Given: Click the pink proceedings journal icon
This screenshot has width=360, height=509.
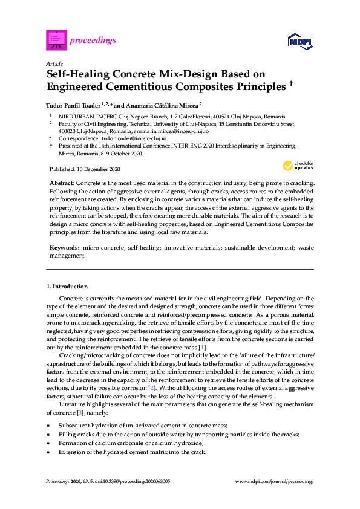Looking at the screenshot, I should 56,41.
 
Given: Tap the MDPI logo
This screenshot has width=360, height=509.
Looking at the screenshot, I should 300,41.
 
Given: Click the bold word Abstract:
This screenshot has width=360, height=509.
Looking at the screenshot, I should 61,183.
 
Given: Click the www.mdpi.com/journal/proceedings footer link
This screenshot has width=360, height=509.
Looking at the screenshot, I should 273,481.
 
